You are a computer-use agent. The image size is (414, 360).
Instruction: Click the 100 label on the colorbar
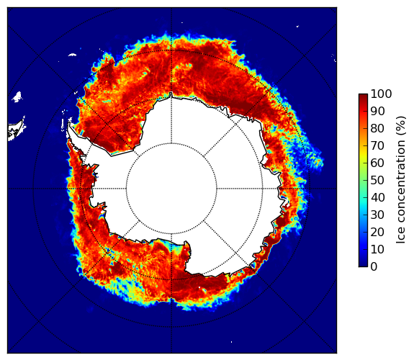pos(381,94)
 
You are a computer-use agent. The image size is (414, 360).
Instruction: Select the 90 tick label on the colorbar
pos(377,111)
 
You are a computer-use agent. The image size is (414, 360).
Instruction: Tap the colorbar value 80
pos(377,128)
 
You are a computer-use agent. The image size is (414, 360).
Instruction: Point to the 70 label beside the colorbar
pos(377,145)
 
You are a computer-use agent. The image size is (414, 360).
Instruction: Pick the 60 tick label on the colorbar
pos(377,163)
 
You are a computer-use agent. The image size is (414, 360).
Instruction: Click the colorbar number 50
pos(377,180)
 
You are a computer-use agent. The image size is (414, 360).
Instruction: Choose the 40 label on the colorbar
pos(377,197)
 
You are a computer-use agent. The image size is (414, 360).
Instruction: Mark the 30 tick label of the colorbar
pos(377,215)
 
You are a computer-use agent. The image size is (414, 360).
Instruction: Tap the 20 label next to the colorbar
pos(377,232)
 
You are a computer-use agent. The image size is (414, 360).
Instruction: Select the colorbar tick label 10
pos(377,249)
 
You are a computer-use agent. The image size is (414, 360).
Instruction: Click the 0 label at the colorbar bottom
pos(374,266)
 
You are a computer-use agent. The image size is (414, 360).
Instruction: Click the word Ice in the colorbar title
pos(401,236)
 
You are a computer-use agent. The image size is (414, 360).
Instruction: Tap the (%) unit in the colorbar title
pos(401,126)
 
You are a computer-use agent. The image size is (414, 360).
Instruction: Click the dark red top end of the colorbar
pos(363,96)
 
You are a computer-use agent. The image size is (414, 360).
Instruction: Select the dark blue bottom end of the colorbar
pos(363,264)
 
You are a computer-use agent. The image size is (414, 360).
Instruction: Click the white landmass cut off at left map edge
pos(16,130)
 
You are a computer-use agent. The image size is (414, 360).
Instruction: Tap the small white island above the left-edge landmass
pos(17,96)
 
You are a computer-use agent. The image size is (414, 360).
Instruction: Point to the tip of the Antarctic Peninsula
pos(69,123)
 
